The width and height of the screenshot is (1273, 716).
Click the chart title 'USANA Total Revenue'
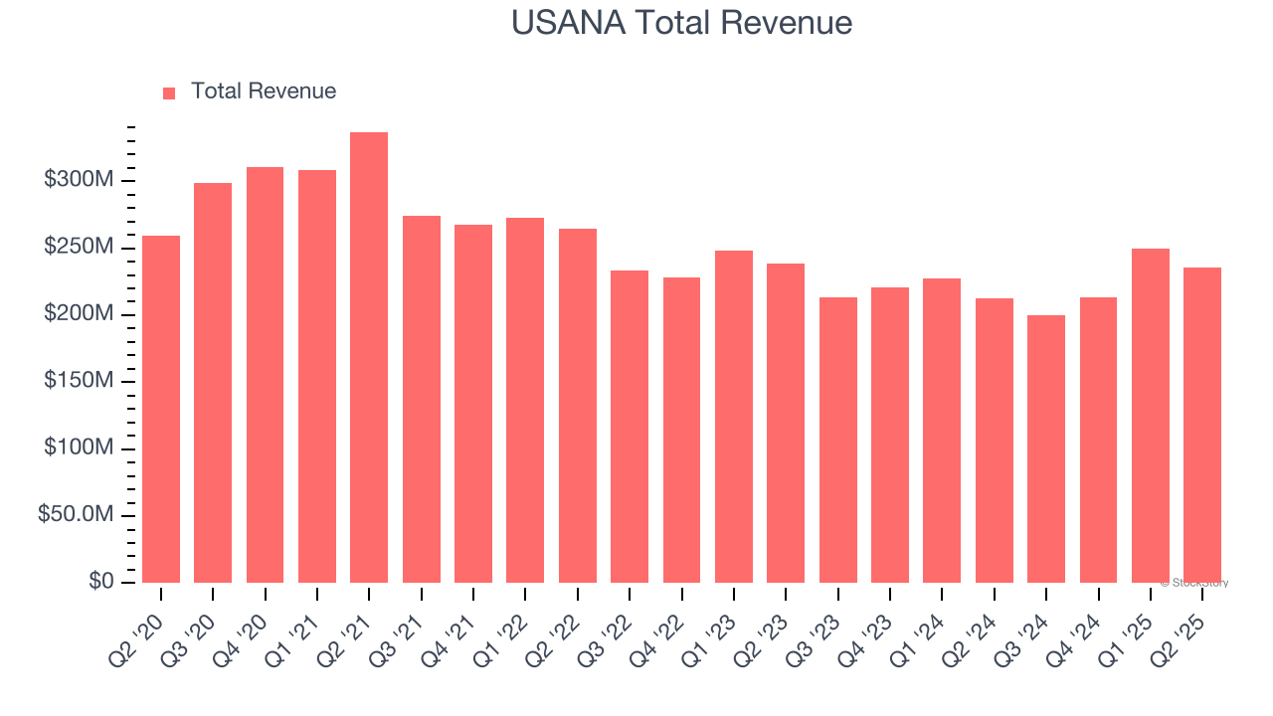681,22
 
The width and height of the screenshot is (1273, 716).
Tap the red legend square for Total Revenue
169,92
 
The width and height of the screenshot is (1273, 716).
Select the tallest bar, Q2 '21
369,358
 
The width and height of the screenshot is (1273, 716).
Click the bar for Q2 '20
161,409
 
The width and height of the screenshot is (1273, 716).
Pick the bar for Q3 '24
1046,448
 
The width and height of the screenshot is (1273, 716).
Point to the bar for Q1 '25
1151,416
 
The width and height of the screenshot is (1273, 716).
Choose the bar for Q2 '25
1202,425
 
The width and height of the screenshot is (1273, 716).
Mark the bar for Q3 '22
630,427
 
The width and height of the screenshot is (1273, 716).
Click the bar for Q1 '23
734,417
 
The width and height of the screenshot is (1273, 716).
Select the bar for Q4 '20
265,375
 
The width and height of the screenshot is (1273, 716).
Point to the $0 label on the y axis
100,581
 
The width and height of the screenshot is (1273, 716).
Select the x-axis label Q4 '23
874,624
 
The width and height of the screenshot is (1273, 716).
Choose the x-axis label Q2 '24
979,624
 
